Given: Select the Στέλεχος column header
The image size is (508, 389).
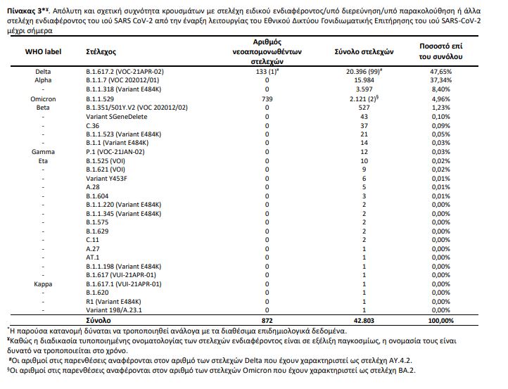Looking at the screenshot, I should click(100, 53).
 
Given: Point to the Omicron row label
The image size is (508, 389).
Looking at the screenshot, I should click(43, 99).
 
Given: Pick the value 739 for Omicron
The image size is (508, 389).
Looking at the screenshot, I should click(267, 99).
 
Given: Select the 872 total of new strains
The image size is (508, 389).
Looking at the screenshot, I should click(267, 320).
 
